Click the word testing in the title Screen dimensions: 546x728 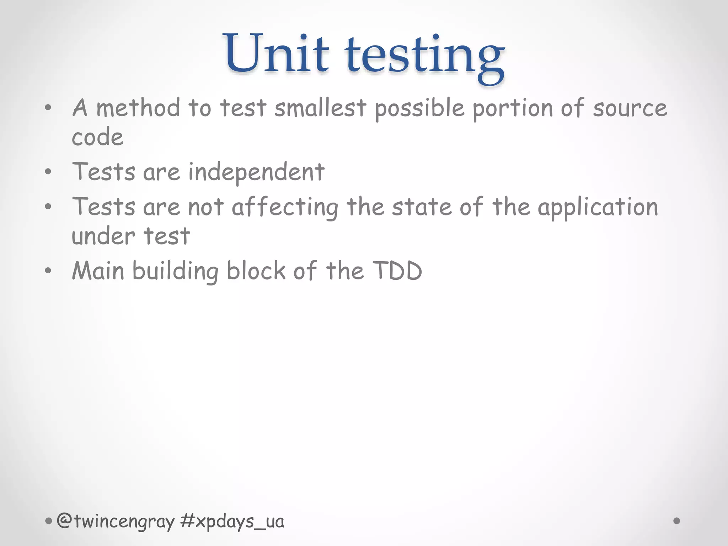(x=424, y=57)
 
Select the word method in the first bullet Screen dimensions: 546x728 (x=138, y=108)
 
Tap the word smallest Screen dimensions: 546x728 (x=320, y=108)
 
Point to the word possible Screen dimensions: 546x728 (x=419, y=109)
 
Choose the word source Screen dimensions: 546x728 (x=630, y=109)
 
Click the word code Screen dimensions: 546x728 (x=98, y=137)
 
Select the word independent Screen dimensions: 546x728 (x=256, y=173)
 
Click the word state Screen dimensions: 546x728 (x=422, y=207)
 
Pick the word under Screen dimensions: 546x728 (x=103, y=236)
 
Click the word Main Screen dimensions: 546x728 (x=98, y=271)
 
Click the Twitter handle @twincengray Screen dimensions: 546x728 (x=116, y=521)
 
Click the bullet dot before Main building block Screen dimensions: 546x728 (x=48, y=271)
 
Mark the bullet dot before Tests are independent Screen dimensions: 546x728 (x=48, y=172)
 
